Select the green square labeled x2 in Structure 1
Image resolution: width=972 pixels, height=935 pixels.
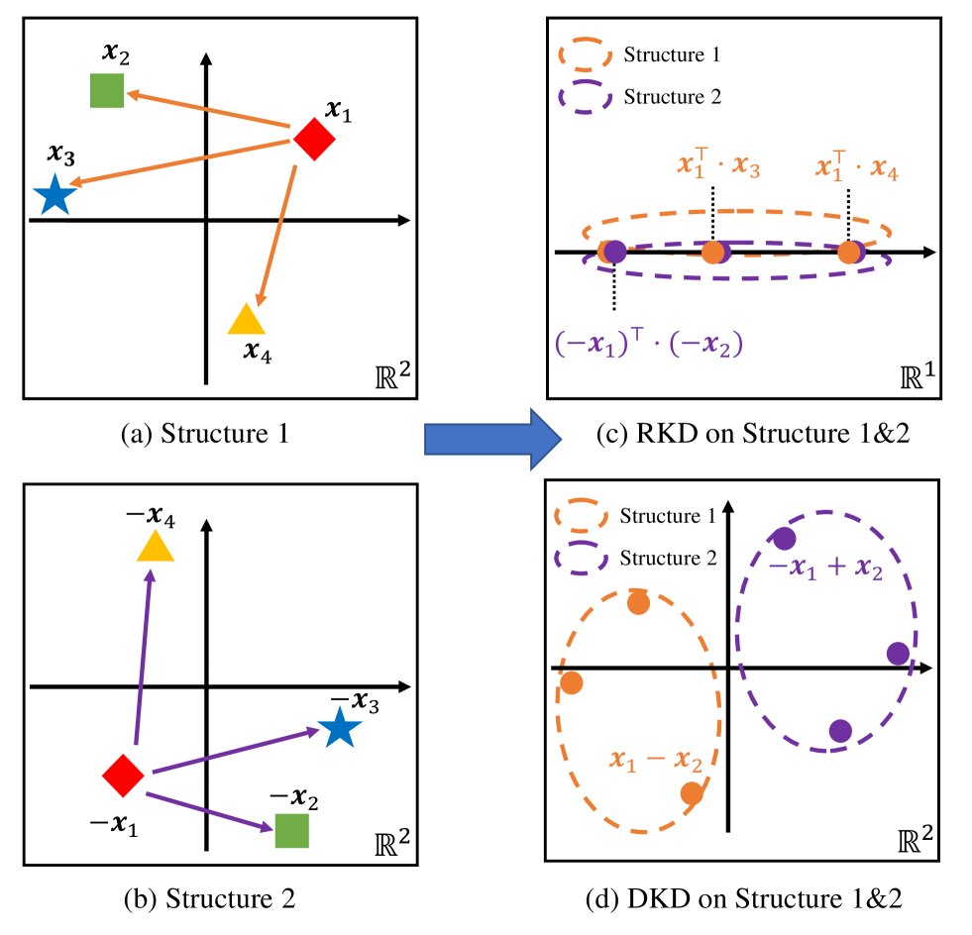coord(106,90)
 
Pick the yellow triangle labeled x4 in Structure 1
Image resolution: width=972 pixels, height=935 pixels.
coord(245,320)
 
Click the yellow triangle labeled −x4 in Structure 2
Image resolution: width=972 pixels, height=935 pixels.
coord(155,547)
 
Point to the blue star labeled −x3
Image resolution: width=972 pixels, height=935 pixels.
coord(340,729)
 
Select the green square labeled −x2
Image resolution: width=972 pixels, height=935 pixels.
coord(291,830)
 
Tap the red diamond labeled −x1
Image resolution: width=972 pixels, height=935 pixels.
coord(123,775)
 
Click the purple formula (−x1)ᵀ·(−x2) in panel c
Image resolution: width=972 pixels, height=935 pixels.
coord(649,343)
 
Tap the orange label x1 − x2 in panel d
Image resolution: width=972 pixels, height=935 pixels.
coord(657,762)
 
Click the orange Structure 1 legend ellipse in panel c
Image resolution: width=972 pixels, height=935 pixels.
coord(586,54)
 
